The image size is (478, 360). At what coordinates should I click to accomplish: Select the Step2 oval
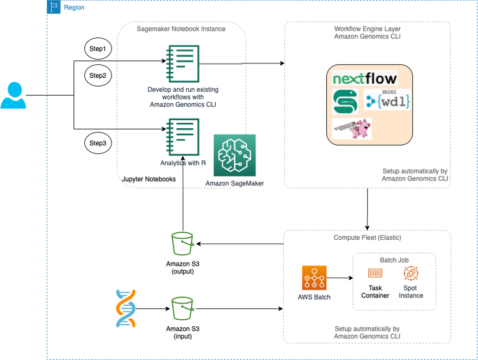tap(98, 75)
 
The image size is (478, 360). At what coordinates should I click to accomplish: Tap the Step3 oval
tap(98, 144)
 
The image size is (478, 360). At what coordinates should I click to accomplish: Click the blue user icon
tap(13, 95)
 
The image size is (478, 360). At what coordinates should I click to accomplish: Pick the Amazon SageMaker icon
tap(234, 155)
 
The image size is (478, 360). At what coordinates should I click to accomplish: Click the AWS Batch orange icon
tap(314, 278)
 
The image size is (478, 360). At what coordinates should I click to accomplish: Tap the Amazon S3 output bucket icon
tap(182, 244)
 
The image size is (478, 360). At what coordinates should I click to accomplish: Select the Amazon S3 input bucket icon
tap(182, 308)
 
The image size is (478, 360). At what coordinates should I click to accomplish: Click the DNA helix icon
tap(126, 308)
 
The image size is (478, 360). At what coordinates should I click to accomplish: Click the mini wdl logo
tap(387, 100)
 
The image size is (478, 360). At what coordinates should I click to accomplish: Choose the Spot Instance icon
tap(411, 273)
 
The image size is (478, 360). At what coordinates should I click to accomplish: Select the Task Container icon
tap(375, 273)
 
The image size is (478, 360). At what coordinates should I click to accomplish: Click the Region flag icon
tap(53, 7)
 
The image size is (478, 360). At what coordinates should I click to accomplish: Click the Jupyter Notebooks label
tap(148, 178)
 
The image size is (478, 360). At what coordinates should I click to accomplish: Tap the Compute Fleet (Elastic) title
tap(367, 238)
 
